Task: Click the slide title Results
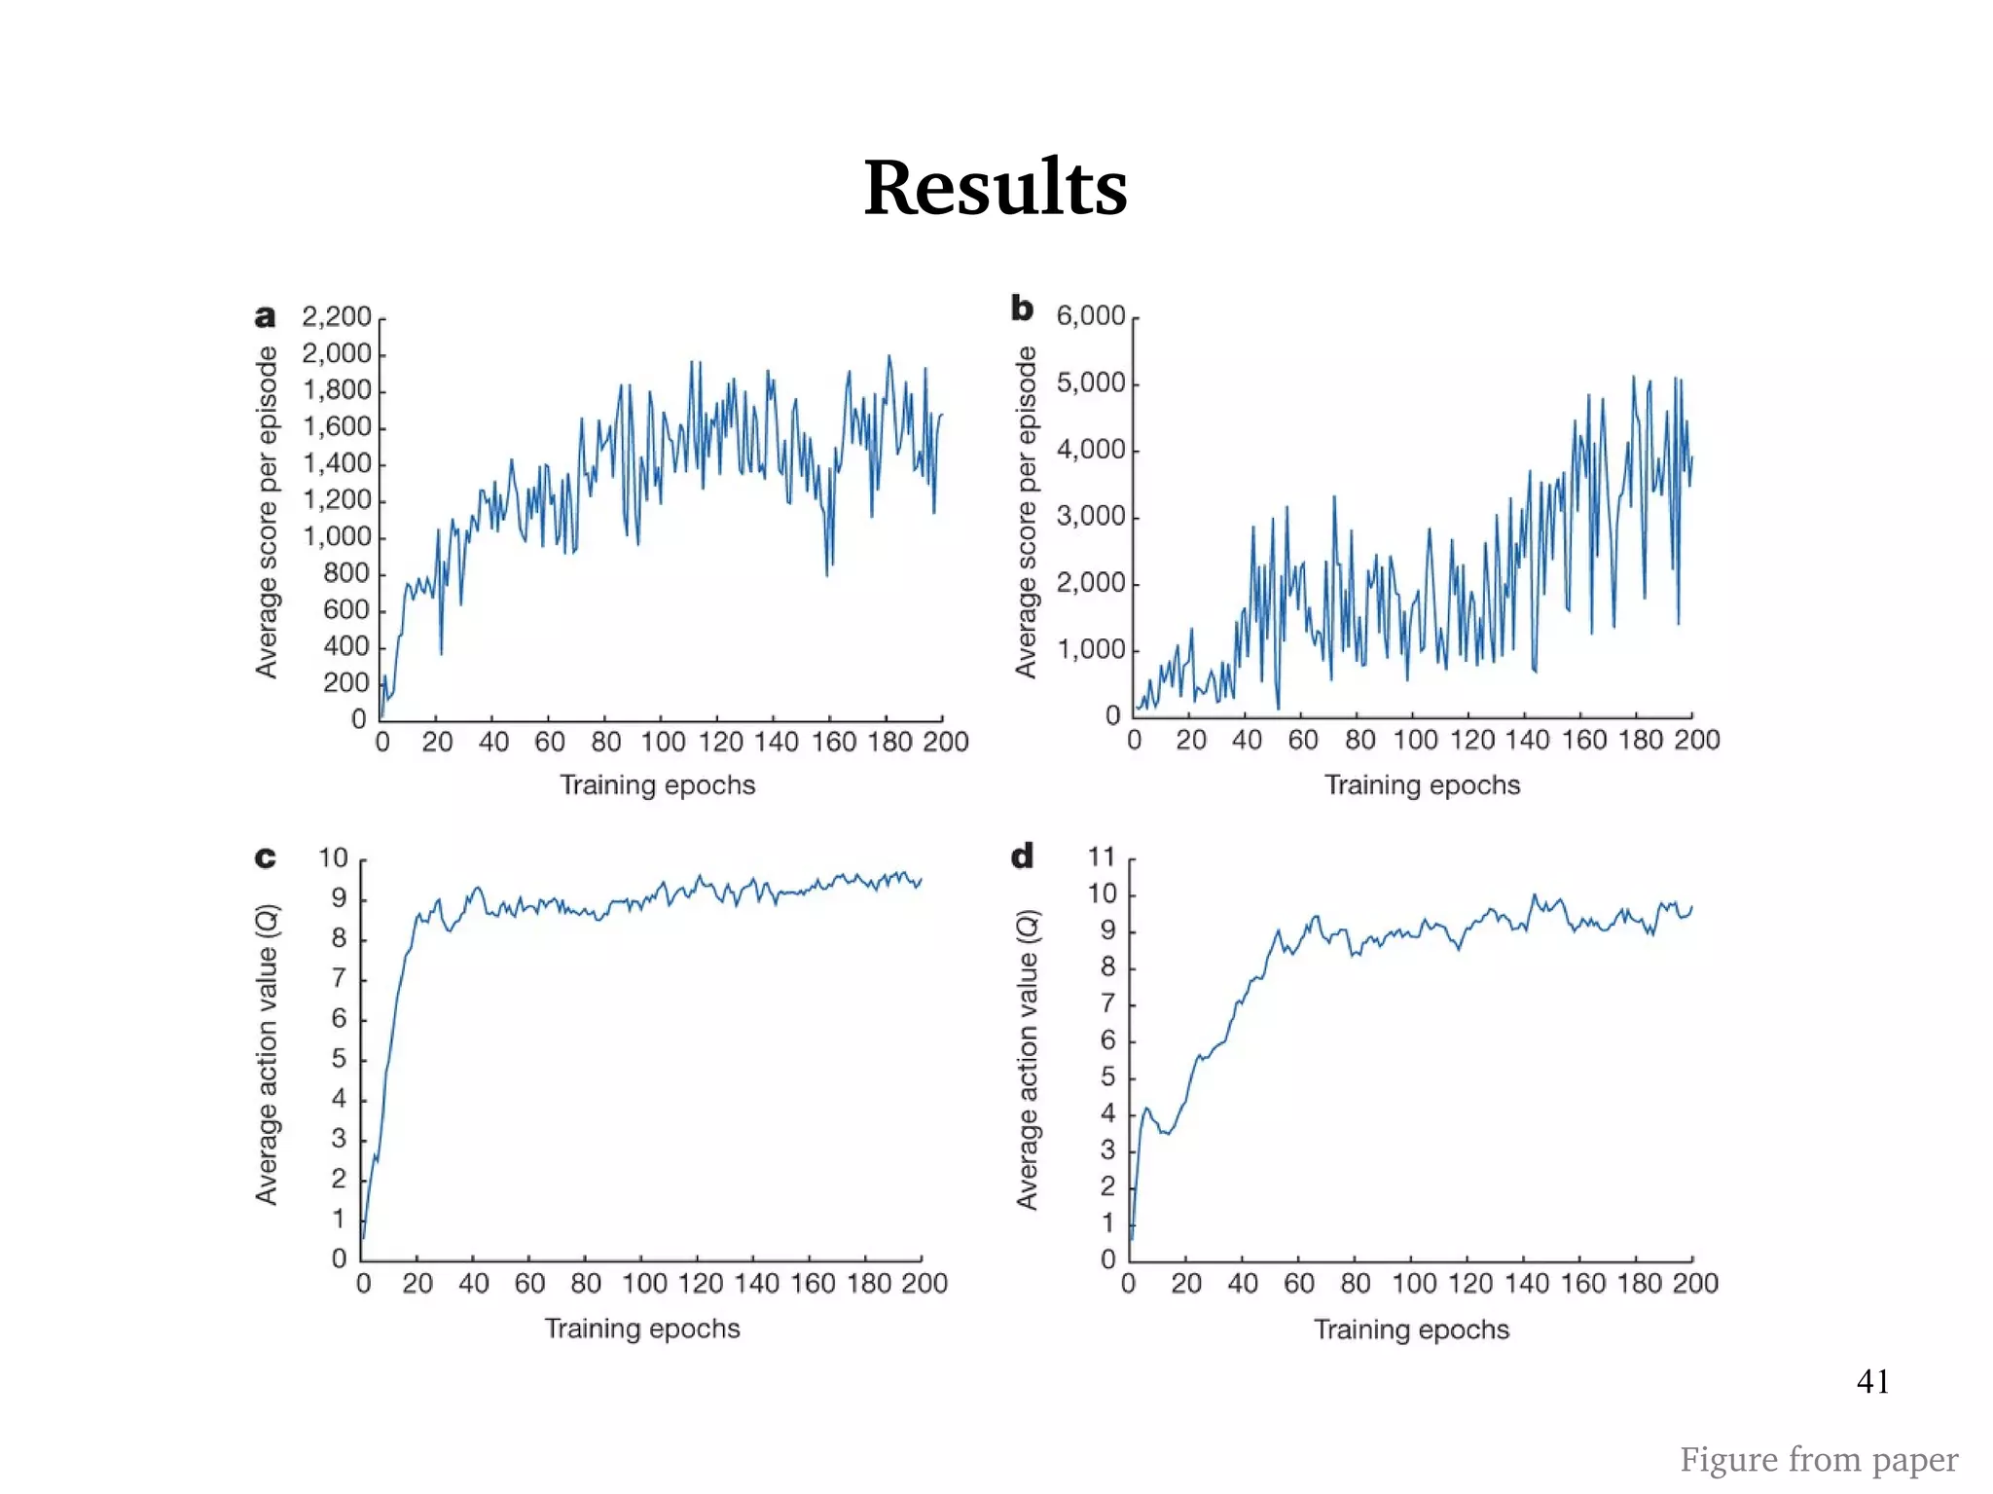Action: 995,187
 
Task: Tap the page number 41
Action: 1872,1381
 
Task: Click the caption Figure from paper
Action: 1818,1459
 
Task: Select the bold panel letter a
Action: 265,317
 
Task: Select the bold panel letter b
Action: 1021,309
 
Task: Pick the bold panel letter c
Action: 265,857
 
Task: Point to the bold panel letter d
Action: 1021,856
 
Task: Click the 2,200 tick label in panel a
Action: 336,316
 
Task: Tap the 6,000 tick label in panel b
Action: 1090,315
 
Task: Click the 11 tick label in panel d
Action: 1101,856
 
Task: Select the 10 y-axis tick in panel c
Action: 333,857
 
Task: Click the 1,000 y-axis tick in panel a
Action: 337,536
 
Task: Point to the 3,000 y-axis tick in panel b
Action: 1090,516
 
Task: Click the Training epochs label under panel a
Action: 657,784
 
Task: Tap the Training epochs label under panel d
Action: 1411,1329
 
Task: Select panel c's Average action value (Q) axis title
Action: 266,1054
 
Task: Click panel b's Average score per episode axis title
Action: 1025,512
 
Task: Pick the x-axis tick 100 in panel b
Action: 1415,740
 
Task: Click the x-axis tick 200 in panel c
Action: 924,1283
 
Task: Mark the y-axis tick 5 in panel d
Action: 1107,1077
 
